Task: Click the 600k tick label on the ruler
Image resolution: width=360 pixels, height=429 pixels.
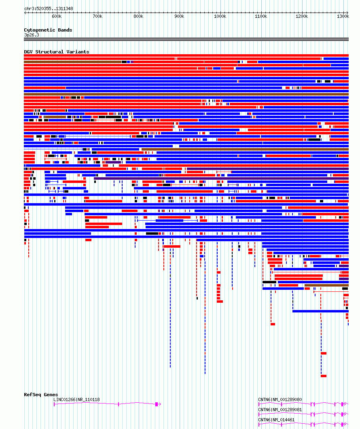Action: [57, 17]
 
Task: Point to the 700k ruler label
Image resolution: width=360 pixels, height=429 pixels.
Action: [97, 17]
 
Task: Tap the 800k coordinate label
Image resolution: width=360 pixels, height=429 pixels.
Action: [138, 17]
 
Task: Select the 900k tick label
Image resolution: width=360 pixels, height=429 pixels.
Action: [179, 17]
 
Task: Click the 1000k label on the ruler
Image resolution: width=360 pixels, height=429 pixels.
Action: [220, 17]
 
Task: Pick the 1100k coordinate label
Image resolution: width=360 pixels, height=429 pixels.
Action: [261, 17]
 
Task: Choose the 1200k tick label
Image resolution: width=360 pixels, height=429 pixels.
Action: [302, 17]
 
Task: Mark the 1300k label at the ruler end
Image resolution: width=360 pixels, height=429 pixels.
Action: [343, 17]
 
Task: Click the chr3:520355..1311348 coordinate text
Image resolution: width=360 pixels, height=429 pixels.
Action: [49, 8]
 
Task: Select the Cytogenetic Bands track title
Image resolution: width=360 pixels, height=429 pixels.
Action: [48, 30]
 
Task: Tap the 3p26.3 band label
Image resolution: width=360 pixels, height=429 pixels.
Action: [32, 35]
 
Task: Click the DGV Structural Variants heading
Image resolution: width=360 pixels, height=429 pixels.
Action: [57, 52]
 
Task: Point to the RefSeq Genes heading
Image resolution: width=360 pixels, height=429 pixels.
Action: [41, 395]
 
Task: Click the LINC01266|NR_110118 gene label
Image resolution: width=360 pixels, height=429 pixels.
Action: [76, 399]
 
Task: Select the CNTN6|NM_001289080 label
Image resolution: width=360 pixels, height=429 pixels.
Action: [280, 399]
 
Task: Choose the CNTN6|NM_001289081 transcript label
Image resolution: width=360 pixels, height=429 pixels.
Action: [280, 410]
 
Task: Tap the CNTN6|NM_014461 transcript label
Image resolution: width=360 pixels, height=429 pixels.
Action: [276, 420]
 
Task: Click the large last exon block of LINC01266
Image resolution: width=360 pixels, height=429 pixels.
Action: [157, 404]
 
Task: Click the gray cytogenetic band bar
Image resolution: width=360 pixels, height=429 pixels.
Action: [186, 39]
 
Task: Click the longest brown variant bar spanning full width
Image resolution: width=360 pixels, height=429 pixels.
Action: [186, 94]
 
